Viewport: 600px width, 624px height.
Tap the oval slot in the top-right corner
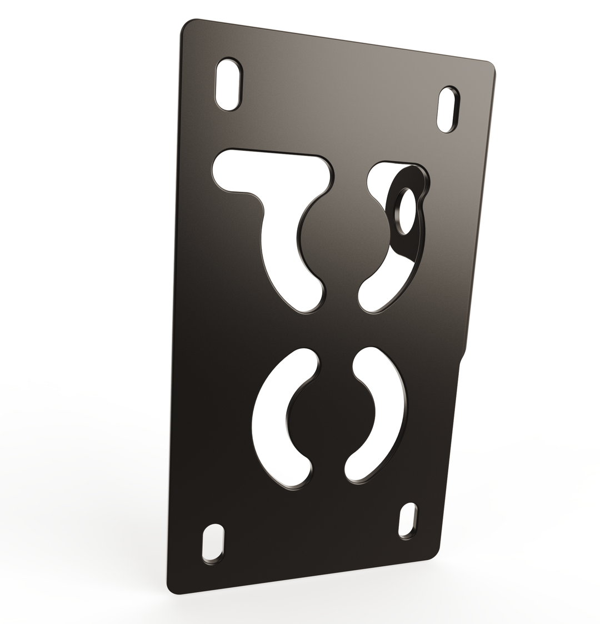pos(448,109)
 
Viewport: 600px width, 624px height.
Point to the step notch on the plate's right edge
pos(462,358)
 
